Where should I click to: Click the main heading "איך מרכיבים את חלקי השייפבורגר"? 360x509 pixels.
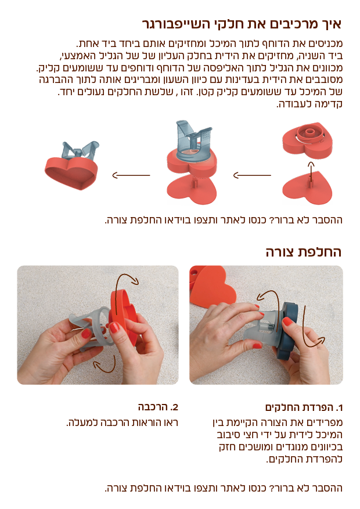242,24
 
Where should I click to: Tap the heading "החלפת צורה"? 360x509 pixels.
304,252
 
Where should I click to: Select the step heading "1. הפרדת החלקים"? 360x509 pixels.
304,407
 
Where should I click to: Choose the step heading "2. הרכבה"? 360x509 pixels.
158,407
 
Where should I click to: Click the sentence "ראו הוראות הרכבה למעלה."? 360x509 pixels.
123,423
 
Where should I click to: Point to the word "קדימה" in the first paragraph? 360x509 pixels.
329,104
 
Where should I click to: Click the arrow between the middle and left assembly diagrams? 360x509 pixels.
131,175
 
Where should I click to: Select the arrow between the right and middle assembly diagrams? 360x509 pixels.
252,175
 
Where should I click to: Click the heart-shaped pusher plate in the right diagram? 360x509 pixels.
307,188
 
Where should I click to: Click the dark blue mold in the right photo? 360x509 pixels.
287,330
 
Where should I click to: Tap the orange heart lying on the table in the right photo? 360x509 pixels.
213,290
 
